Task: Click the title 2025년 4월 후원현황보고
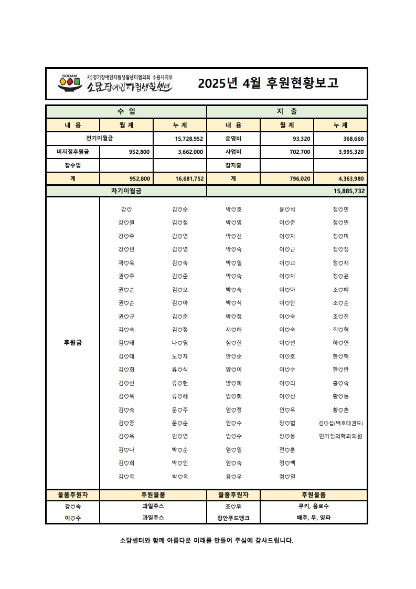click(x=268, y=83)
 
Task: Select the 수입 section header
click(x=126, y=112)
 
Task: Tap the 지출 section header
click(x=286, y=112)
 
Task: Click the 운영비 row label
click(x=233, y=139)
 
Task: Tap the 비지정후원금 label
click(x=73, y=152)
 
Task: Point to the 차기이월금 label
click(x=126, y=191)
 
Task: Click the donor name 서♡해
click(x=233, y=330)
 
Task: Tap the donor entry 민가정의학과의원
click(x=340, y=436)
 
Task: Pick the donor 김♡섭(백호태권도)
click(x=340, y=423)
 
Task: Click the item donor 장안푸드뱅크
click(x=233, y=518)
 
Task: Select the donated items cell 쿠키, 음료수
click(x=314, y=506)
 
